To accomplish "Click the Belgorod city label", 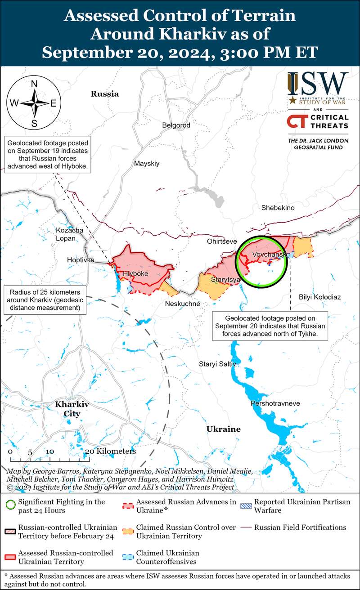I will (176, 125).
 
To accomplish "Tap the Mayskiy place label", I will (147, 164).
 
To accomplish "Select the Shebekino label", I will (278, 208).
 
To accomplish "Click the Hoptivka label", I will (80, 260).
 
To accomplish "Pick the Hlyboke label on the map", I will (135, 273).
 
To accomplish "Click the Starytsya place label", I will (225, 280).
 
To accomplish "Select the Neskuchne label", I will (182, 304).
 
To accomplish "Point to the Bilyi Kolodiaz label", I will (319, 297).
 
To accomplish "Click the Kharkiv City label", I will (72, 409).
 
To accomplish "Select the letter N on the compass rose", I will (34, 84).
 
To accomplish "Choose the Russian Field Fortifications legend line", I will (247, 527).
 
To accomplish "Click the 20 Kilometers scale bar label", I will (110, 451).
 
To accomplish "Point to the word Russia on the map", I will (104, 94).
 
